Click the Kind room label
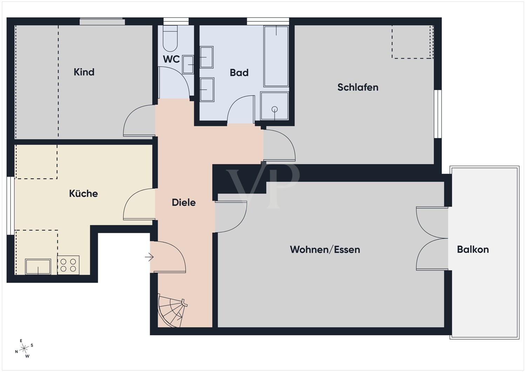coord(84,72)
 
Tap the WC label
coord(171,59)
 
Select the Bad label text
coord(239,73)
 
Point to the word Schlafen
coord(358,87)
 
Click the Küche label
coord(83,194)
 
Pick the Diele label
coord(184,203)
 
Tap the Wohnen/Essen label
coord(325,250)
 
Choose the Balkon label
coord(473,249)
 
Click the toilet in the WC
coord(170,38)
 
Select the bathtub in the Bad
coord(276,56)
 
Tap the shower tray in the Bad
coord(274,106)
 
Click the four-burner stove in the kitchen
coord(68,265)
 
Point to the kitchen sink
coord(38,266)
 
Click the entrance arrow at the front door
coord(149,257)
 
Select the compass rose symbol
coord(24,348)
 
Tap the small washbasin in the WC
coord(188,65)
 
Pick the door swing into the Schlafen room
coord(279,146)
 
